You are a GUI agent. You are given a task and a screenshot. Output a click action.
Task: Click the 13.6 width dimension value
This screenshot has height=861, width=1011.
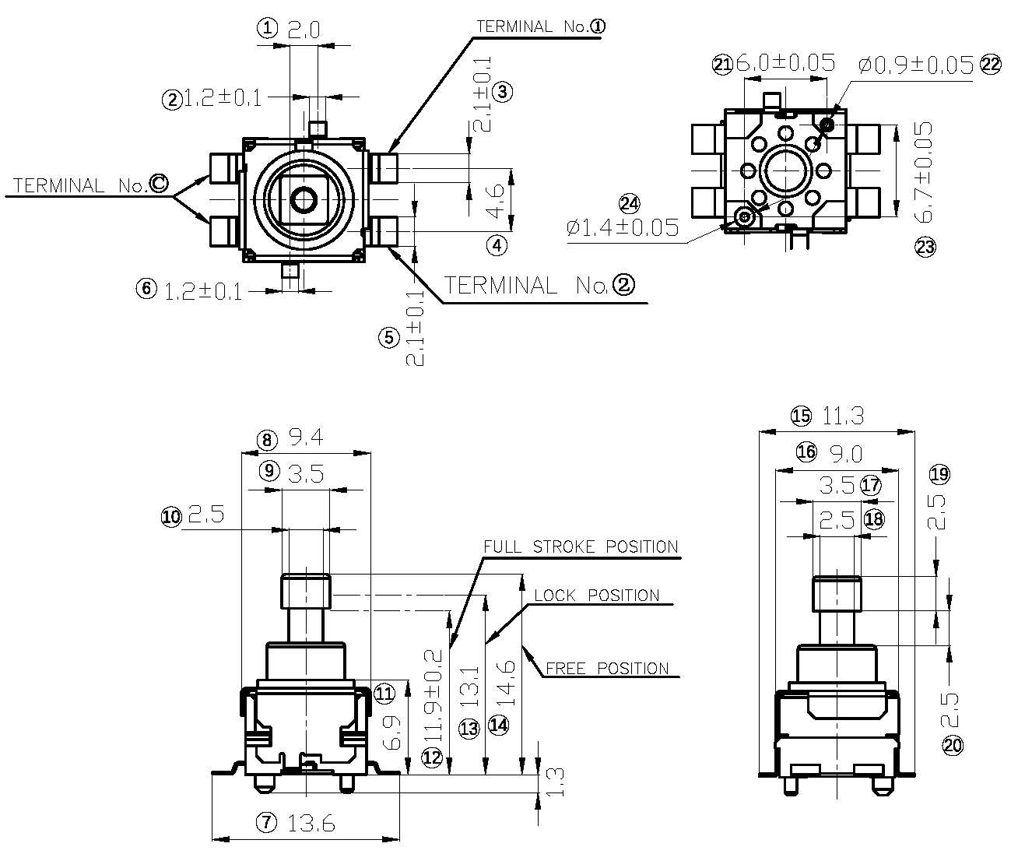click(x=311, y=823)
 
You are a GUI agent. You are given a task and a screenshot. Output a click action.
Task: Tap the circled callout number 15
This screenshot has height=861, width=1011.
click(x=801, y=416)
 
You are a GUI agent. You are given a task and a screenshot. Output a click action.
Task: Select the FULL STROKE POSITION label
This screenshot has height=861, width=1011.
click(x=581, y=546)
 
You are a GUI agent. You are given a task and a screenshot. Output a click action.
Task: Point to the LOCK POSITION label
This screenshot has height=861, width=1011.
click(x=596, y=596)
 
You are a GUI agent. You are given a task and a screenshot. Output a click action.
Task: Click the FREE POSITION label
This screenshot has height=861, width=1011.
click(x=607, y=668)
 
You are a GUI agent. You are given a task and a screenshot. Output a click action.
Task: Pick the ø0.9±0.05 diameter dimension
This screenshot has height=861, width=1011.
click(x=916, y=65)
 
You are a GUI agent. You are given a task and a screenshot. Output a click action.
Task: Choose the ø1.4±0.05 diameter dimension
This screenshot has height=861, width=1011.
click(x=623, y=227)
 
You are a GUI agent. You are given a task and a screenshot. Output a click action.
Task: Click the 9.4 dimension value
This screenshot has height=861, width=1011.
click(x=306, y=439)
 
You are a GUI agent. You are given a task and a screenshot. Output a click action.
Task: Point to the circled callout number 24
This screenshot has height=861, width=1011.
click(x=629, y=204)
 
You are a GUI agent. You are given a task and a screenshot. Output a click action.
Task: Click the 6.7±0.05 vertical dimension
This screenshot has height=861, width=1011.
click(x=923, y=172)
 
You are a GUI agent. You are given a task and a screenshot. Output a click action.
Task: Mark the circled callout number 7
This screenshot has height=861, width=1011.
click(x=267, y=822)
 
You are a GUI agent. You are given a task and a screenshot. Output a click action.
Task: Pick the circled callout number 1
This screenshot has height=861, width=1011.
click(x=267, y=29)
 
